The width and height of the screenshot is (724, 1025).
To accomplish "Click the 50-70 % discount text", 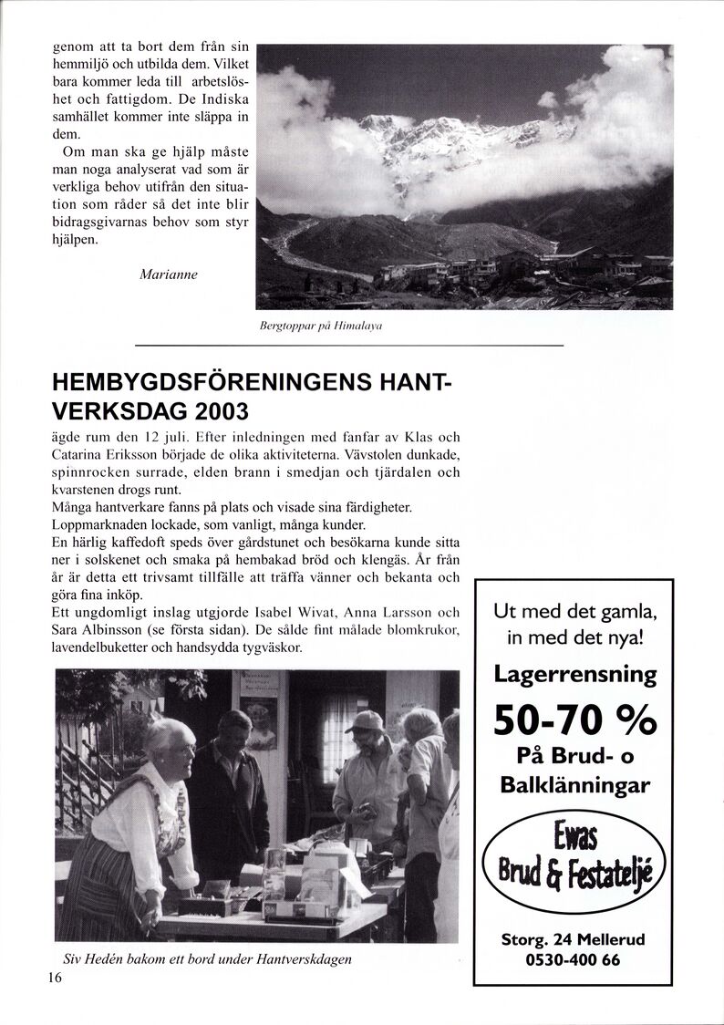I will tap(574, 720).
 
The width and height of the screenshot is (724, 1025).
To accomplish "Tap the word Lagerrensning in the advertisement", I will tap(574, 674).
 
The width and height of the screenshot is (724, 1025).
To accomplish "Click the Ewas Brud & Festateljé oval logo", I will tap(574, 861).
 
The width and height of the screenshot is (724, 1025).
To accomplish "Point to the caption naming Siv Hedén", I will tap(207, 959).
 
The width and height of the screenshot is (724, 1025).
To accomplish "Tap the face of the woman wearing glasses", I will tap(176, 750).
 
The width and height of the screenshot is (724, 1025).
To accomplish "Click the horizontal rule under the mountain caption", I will tap(349, 346).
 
